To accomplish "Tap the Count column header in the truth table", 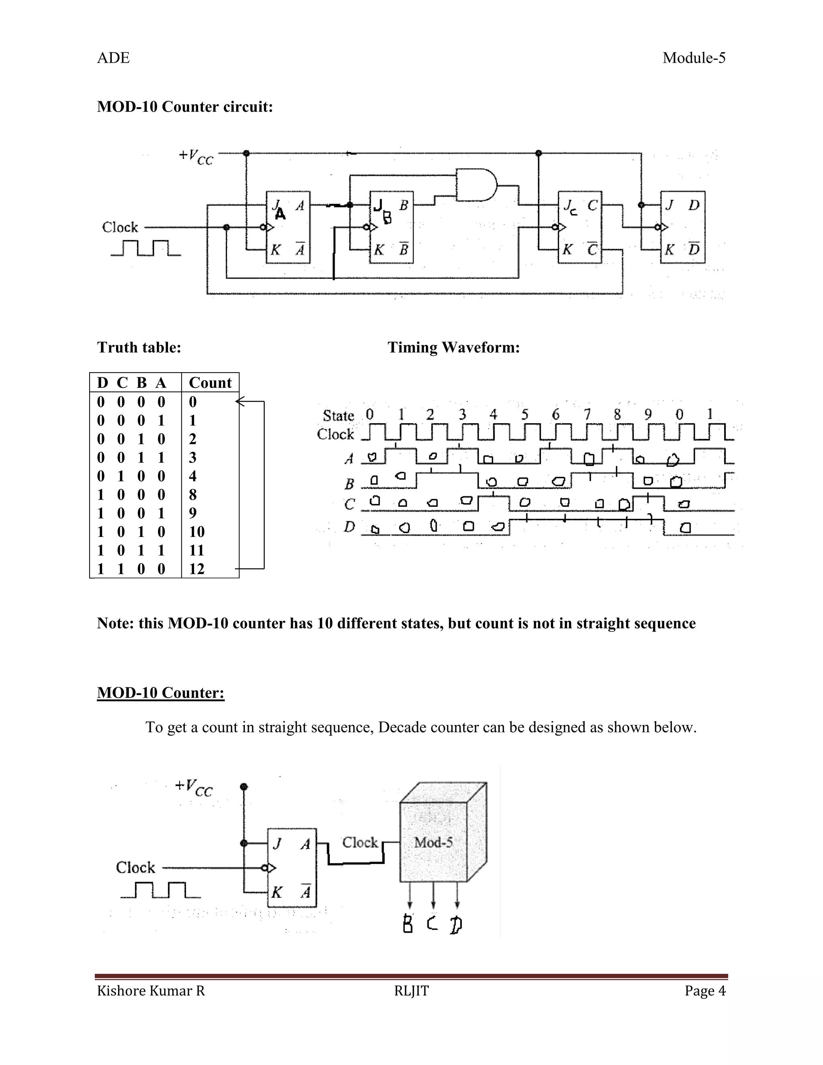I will tap(210, 383).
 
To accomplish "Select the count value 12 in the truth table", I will tap(197, 569).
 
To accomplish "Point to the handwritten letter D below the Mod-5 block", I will tap(456, 925).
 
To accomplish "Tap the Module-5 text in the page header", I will tap(694, 58).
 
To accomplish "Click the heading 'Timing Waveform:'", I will tap(453, 348).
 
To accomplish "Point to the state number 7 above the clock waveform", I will tap(587, 414).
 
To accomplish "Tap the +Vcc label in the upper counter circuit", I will tap(196, 156).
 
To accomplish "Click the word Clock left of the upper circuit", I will tap(120, 227).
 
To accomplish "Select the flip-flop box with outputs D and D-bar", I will tap(683, 227).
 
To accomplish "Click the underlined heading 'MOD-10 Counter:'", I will tap(160, 693).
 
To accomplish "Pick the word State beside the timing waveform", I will tap(338, 416).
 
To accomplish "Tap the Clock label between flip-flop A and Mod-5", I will tap(360, 842).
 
